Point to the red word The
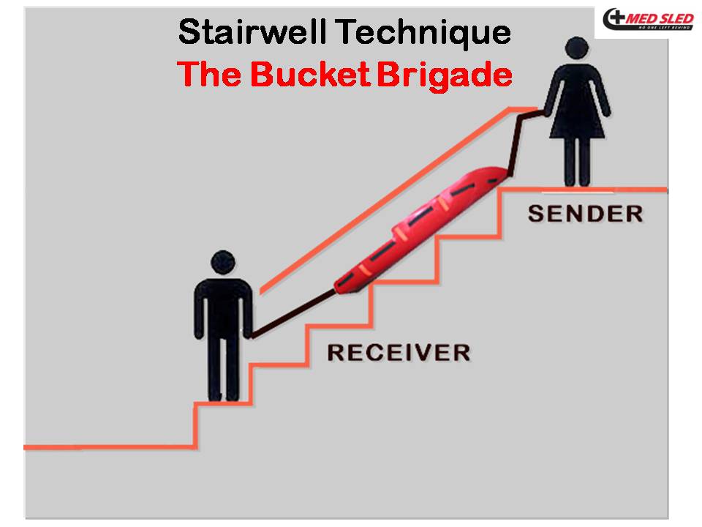207,74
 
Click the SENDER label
585,214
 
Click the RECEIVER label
398,353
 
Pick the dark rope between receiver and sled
292,315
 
